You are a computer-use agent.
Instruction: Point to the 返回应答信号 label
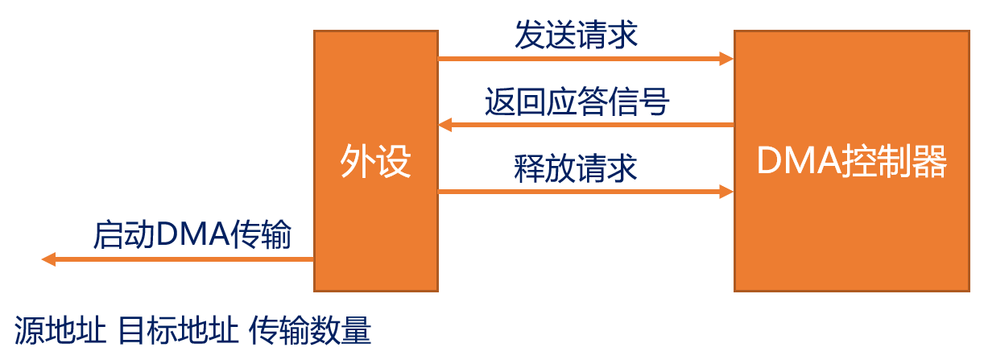[577, 102]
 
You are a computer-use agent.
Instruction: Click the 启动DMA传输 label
[192, 235]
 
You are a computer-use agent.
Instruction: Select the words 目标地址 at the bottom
[178, 332]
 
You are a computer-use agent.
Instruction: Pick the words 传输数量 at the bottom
[311, 332]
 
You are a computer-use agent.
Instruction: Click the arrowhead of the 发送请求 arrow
[726, 59]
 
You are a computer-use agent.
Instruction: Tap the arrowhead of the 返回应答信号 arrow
[445, 125]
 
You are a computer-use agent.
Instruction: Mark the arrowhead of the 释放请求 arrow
[726, 192]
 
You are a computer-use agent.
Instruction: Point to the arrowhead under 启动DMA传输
[49, 259]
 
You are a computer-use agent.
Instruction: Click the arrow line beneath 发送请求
[580, 59]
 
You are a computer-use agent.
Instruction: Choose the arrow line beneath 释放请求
[580, 192]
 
